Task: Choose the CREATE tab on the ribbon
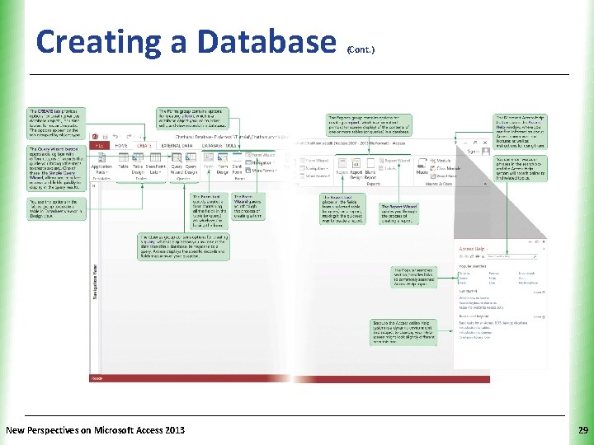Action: coord(144,145)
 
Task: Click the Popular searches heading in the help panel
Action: coord(474,267)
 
